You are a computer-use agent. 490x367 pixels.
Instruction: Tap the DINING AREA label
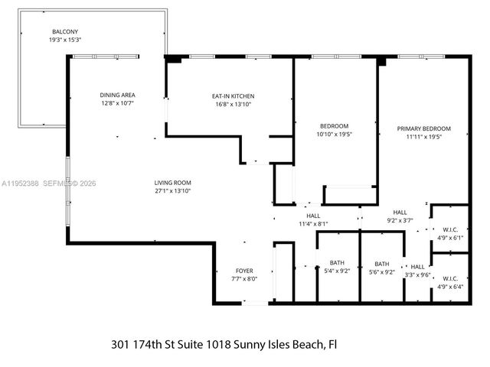pos(117,95)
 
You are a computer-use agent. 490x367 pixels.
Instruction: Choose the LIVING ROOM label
pos(172,182)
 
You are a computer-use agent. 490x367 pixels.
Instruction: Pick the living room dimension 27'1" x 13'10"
pos(172,190)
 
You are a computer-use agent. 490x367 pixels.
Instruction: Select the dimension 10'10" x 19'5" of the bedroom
pos(335,135)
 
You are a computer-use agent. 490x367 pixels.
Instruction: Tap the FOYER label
pos(243,271)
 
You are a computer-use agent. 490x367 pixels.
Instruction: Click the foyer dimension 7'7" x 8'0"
pos(243,278)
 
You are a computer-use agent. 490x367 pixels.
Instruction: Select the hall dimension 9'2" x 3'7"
pos(400,220)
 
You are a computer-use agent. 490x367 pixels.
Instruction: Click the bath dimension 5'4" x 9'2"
pos(337,271)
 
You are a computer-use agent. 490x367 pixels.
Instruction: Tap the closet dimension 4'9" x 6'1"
pos(449,237)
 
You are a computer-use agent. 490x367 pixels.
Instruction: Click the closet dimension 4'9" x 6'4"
pos(449,287)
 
